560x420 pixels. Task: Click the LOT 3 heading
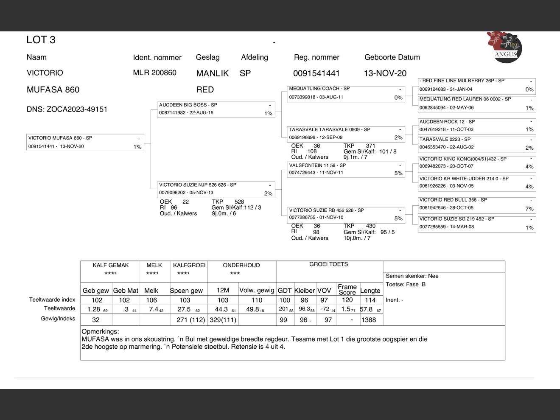point(41,40)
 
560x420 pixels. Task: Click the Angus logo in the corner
point(504,46)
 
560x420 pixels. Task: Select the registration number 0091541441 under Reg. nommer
point(316,73)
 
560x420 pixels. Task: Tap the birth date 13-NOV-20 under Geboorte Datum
point(385,73)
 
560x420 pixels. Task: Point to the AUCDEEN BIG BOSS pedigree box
point(216,109)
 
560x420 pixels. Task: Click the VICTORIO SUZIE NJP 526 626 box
point(216,189)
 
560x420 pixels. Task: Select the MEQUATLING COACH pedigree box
point(346,93)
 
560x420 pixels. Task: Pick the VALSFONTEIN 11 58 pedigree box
point(346,169)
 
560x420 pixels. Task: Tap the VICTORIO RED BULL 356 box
point(476,204)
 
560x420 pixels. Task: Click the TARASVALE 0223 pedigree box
point(476,143)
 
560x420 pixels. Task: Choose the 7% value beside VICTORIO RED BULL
point(529,209)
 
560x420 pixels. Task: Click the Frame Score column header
point(347,289)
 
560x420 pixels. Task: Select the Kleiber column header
point(304,291)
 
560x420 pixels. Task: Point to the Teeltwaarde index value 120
point(347,300)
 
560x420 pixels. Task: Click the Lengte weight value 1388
point(368,320)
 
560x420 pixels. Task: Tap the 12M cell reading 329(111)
point(223,320)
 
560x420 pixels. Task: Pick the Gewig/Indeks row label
point(58,319)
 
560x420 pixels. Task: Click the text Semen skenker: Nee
point(412,276)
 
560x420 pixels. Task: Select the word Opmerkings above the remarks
point(100,332)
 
